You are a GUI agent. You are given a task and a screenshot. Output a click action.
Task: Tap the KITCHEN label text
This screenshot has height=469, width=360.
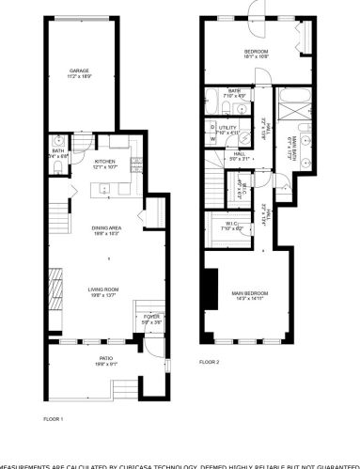104,162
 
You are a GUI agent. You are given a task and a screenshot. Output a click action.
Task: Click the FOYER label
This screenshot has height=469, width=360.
149,318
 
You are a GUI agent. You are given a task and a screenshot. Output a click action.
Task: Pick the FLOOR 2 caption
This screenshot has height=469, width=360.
210,362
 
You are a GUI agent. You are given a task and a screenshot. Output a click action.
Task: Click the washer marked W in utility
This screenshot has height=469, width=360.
213,139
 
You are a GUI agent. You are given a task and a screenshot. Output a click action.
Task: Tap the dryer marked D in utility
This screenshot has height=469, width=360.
213,124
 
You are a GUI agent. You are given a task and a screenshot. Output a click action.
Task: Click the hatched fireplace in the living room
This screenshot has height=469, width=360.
53,282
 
